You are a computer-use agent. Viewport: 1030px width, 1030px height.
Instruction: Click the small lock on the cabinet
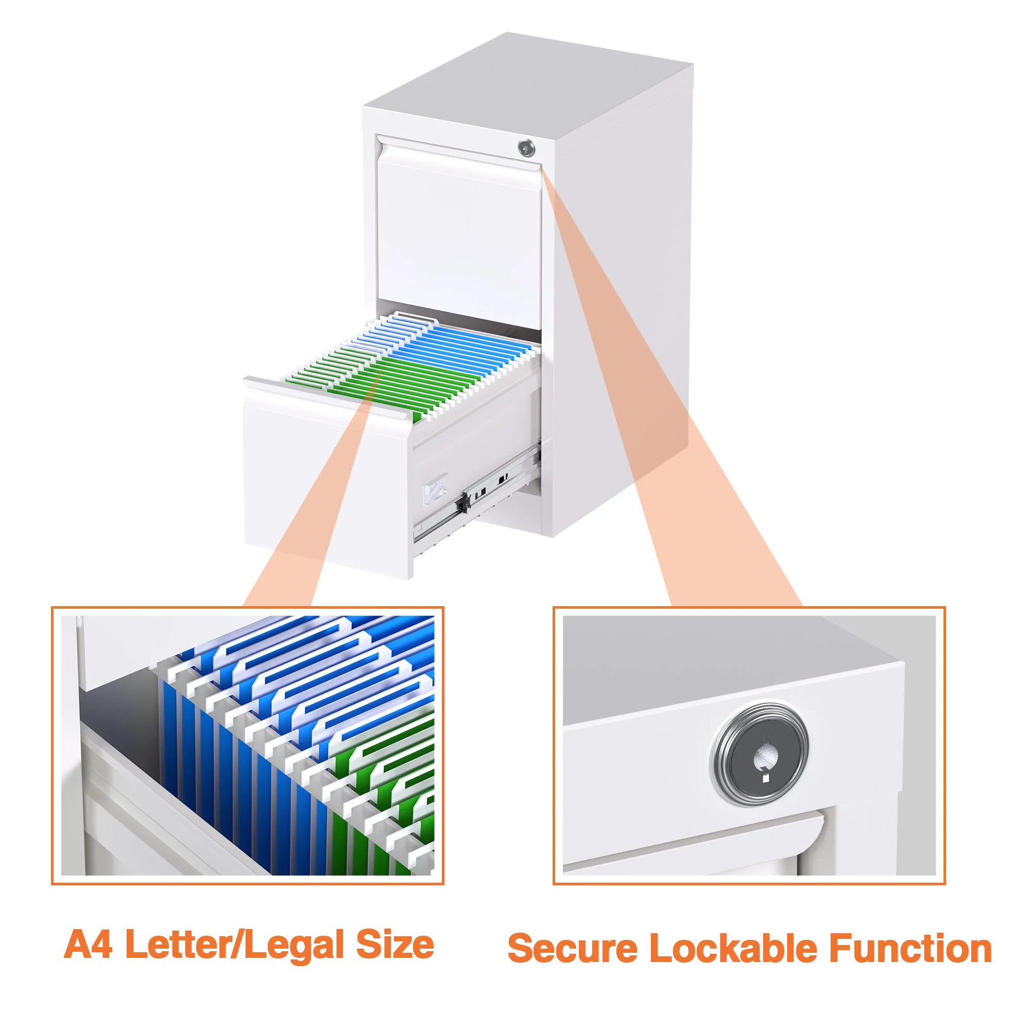pos(526,148)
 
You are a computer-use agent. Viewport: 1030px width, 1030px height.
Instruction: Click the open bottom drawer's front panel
pos(325,480)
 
